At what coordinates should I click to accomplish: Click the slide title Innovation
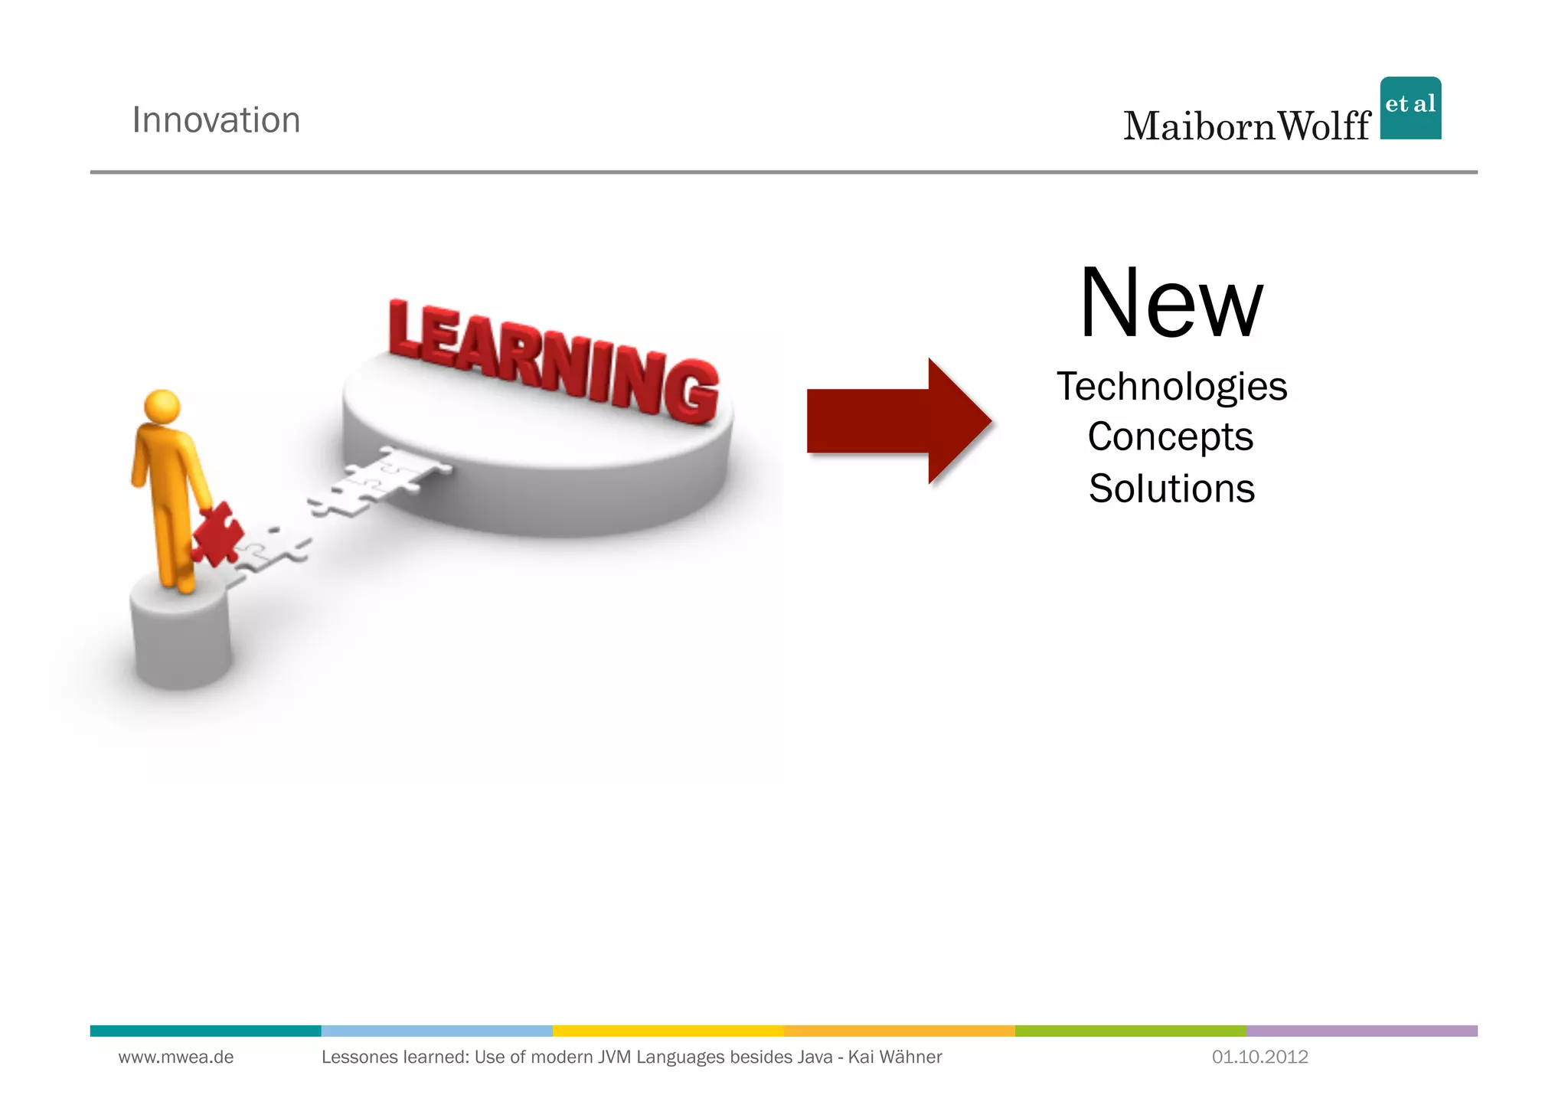pyautogui.click(x=216, y=120)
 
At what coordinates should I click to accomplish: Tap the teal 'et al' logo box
pyautogui.click(x=1410, y=108)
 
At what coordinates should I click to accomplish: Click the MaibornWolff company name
pyautogui.click(x=1246, y=126)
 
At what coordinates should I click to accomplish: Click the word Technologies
pyautogui.click(x=1171, y=387)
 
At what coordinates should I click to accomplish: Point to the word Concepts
pyautogui.click(x=1171, y=437)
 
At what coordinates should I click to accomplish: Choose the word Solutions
pyautogui.click(x=1171, y=489)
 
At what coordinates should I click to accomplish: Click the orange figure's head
pyautogui.click(x=162, y=405)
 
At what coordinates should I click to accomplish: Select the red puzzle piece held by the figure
pyautogui.click(x=217, y=534)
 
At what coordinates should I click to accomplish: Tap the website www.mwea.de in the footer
pyautogui.click(x=176, y=1057)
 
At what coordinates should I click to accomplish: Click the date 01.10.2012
pyautogui.click(x=1259, y=1057)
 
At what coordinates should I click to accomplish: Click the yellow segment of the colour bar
pyautogui.click(x=668, y=1031)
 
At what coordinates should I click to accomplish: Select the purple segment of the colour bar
pyautogui.click(x=1361, y=1031)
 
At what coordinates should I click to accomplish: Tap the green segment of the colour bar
pyautogui.click(x=1130, y=1031)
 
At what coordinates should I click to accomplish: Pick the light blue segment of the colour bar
pyautogui.click(x=436, y=1031)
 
